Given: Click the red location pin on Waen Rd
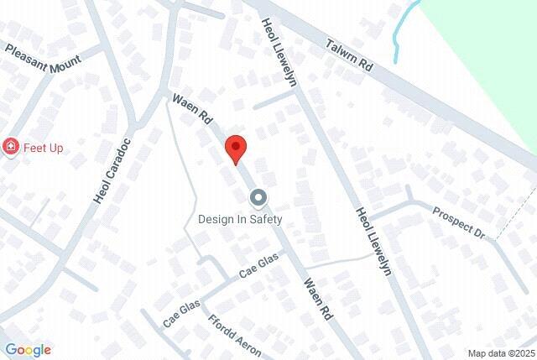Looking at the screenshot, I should pyautogui.click(x=237, y=149).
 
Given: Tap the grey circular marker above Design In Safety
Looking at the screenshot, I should pyautogui.click(x=258, y=198).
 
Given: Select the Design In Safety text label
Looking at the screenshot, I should pyautogui.click(x=240, y=219).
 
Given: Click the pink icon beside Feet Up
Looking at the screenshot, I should pyautogui.click(x=11, y=148).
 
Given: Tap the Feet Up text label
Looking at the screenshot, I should pyautogui.click(x=44, y=148).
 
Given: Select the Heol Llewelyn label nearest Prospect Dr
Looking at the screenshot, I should pyautogui.click(x=374, y=240).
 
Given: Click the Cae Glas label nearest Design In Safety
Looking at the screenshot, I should pyautogui.click(x=258, y=268).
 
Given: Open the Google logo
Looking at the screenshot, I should pyautogui.click(x=28, y=350).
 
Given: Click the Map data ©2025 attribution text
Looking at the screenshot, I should pyautogui.click(x=500, y=353).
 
